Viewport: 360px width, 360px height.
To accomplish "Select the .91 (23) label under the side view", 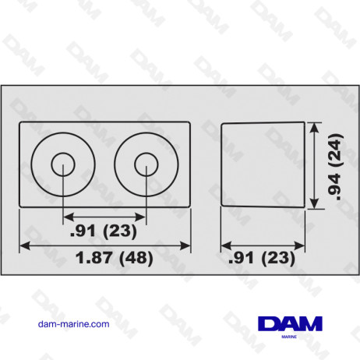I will pyautogui.click(x=262, y=256).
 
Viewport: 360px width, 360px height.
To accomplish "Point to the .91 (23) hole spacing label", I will pyautogui.click(x=104, y=230).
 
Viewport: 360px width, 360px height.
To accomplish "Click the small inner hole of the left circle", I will pyautogui.click(x=63, y=164).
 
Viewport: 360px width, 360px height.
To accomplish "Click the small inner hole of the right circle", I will pyautogui.click(x=144, y=164).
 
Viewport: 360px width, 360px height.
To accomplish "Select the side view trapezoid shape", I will pyautogui.click(x=262, y=164).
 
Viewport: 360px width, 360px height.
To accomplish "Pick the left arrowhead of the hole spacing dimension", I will pyautogui.click(x=67, y=216).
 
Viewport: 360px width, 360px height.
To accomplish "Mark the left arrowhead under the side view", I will pyautogui.click(x=225, y=243).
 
